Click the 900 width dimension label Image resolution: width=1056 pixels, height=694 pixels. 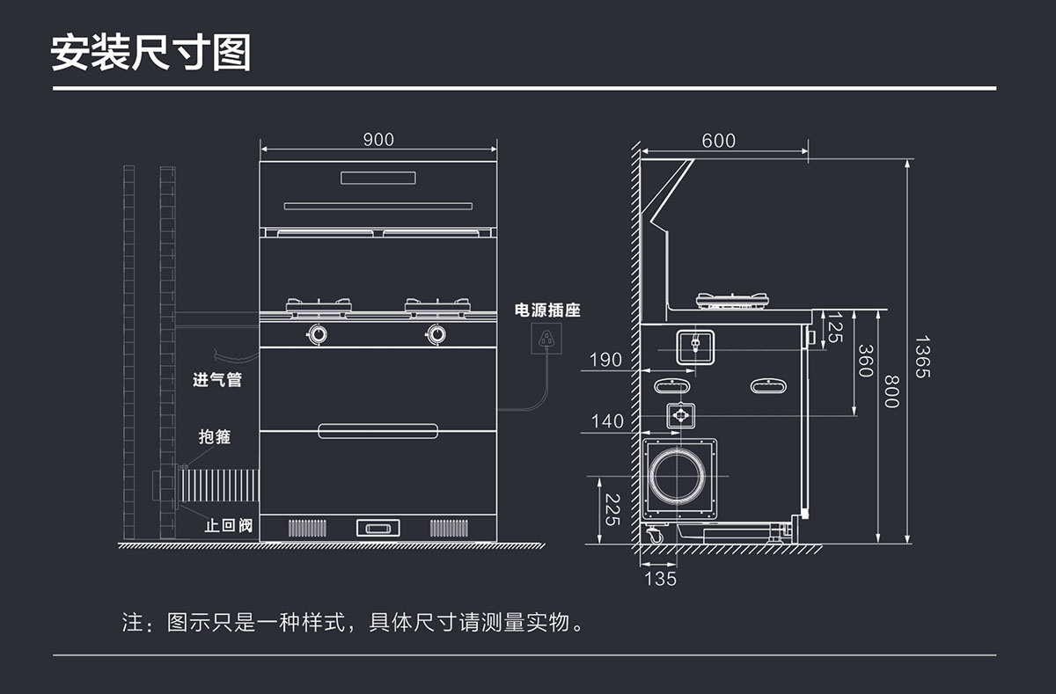(x=378, y=140)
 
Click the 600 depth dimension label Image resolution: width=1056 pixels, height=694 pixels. (x=719, y=141)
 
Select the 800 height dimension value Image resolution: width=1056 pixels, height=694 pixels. (x=891, y=391)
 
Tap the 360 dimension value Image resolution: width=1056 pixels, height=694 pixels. (x=865, y=361)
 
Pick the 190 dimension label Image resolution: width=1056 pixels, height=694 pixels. (x=605, y=360)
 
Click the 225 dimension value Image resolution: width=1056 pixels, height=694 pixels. (x=613, y=509)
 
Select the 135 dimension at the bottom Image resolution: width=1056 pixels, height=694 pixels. (x=661, y=579)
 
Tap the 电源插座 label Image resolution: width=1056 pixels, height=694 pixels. (x=547, y=310)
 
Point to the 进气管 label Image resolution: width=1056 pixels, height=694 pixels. (x=217, y=381)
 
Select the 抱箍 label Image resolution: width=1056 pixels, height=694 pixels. (x=215, y=436)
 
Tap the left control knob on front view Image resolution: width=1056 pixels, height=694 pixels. (x=317, y=333)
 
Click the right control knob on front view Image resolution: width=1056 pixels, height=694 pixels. (x=436, y=333)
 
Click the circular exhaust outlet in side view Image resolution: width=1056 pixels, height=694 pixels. (x=678, y=478)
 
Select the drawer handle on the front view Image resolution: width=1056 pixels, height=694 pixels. (x=378, y=430)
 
